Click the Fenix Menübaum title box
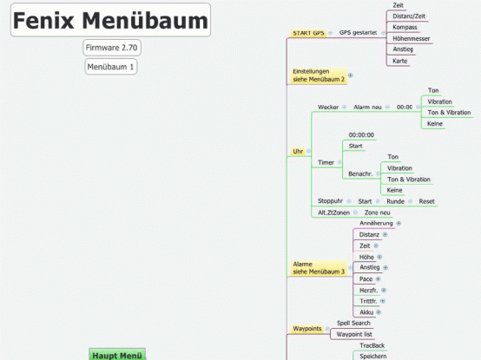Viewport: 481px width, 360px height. [x=110, y=21]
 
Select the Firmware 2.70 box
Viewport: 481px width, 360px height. [x=111, y=47]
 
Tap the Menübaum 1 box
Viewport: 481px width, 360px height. [x=110, y=67]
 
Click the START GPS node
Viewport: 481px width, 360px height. [x=308, y=33]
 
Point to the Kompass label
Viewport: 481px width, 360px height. [x=405, y=27]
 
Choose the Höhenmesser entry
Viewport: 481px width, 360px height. [x=411, y=38]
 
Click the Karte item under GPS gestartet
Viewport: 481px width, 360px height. [x=400, y=61]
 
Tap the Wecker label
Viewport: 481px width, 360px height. [x=327, y=107]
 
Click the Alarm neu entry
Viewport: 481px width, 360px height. [x=367, y=107]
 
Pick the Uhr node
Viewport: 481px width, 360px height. [x=298, y=151]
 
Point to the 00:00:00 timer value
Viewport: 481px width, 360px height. [x=361, y=134]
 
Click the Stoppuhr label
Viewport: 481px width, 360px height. [x=330, y=200]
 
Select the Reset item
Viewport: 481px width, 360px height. [x=426, y=200]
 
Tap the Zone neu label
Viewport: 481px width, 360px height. [x=377, y=213]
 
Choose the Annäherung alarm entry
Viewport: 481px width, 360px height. [x=376, y=223]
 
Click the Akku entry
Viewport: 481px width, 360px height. [x=366, y=311]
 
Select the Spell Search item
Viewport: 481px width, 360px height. [x=353, y=323]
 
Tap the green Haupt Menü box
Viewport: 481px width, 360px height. [x=117, y=355]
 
